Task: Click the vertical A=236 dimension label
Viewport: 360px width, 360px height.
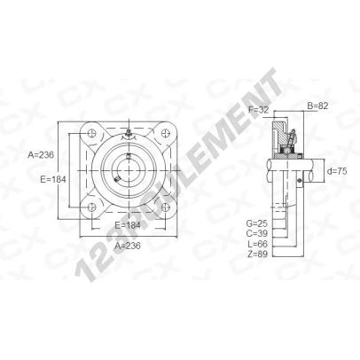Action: point(41,154)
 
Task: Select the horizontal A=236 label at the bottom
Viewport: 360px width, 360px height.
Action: point(128,246)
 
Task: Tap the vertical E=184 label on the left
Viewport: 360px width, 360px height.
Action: point(53,179)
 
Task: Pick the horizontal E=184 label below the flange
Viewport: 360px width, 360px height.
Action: point(128,225)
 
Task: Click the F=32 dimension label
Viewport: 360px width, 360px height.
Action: point(259,110)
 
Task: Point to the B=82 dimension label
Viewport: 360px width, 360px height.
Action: point(317,106)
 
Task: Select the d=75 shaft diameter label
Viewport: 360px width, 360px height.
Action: point(337,171)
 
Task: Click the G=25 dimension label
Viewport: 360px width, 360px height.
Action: point(256,223)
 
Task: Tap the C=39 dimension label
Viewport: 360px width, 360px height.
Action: point(256,233)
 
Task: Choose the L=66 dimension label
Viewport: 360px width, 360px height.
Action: point(257,244)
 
